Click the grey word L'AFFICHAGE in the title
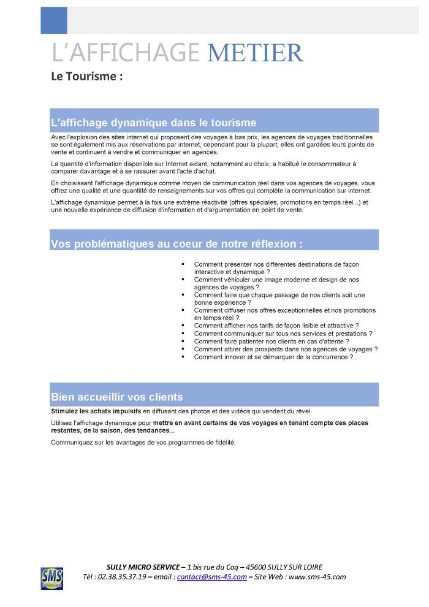(126, 53)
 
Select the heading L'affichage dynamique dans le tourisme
(153, 122)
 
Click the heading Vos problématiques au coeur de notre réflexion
(177, 243)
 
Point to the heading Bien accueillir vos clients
(116, 396)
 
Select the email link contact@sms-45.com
(211, 577)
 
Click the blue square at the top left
(53, 20)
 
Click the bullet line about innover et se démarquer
(273, 357)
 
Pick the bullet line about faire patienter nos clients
(271, 341)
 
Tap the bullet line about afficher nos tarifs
(276, 325)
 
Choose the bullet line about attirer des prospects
(286, 349)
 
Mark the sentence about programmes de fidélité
(143, 442)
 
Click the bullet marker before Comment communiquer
(183, 333)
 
